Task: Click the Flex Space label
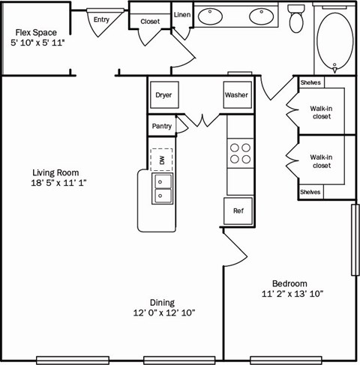pyautogui.click(x=36, y=33)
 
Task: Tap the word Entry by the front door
pyautogui.click(x=100, y=19)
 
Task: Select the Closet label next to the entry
pyautogui.click(x=150, y=22)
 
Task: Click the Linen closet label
pyautogui.click(x=181, y=15)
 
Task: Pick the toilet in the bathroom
pyautogui.click(x=296, y=18)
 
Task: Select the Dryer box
pyautogui.click(x=163, y=95)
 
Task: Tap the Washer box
pyautogui.click(x=236, y=95)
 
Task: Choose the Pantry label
pyautogui.click(x=161, y=127)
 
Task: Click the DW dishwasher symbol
pyautogui.click(x=161, y=159)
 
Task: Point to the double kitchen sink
pyautogui.click(x=162, y=188)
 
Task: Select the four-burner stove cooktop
pyautogui.click(x=240, y=154)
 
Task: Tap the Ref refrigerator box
pyautogui.click(x=238, y=211)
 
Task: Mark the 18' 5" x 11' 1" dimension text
pyautogui.click(x=59, y=183)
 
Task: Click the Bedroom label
pyautogui.click(x=289, y=283)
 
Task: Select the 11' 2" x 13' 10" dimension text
pyautogui.click(x=291, y=295)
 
